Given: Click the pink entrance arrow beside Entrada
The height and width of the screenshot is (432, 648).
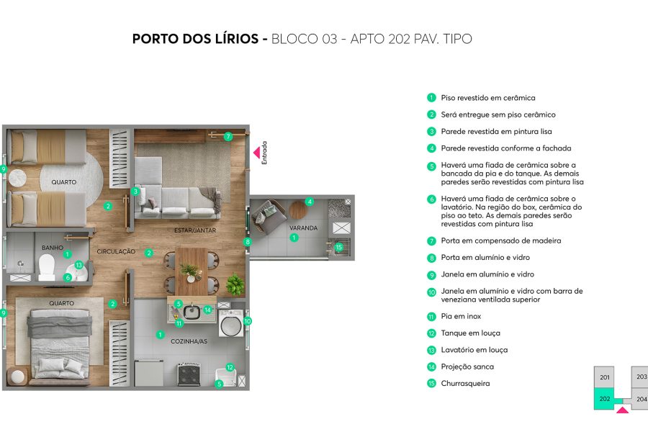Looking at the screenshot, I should pyautogui.click(x=256, y=153).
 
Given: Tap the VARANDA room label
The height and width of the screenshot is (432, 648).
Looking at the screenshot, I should pyautogui.click(x=303, y=228).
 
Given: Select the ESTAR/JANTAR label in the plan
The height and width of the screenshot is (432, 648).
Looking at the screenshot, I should pyautogui.click(x=195, y=230).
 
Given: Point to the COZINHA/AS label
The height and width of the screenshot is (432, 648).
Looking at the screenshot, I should pyautogui.click(x=189, y=341).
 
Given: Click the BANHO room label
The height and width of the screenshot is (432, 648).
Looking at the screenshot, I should pyautogui.click(x=52, y=248).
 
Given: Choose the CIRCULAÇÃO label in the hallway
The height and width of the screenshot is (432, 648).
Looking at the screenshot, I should pyautogui.click(x=116, y=251).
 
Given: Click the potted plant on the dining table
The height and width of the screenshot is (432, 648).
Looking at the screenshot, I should pyautogui.click(x=191, y=271).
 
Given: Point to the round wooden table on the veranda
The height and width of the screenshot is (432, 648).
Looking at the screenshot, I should pyautogui.click(x=298, y=211).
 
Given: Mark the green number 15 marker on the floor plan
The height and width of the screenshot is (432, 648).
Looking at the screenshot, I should pyautogui.click(x=339, y=247).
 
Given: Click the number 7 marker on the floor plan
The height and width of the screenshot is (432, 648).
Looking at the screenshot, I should pyautogui.click(x=228, y=136).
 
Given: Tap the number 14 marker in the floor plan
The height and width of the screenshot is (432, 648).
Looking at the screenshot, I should pyautogui.click(x=207, y=310).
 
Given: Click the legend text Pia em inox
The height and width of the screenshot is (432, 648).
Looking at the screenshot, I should pyautogui.click(x=461, y=317).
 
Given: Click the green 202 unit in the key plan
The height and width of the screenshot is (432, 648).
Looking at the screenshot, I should pyautogui.click(x=604, y=398).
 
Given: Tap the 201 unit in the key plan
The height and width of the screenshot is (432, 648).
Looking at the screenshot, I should pyautogui.click(x=605, y=377).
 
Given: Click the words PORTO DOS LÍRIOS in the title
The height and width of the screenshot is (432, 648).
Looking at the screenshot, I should pyautogui.click(x=197, y=39).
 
